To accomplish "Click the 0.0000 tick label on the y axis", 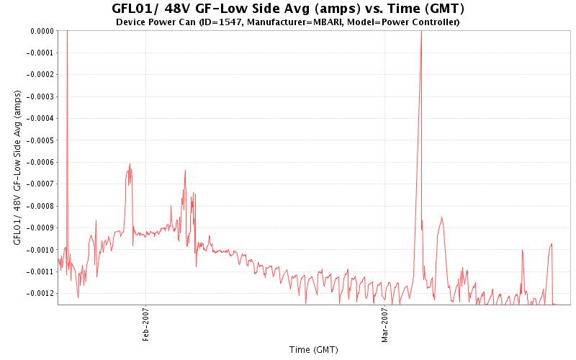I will pyautogui.click(x=40, y=31).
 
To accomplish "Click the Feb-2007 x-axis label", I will pyautogui.click(x=145, y=325).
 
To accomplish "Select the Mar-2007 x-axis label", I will pyautogui.click(x=384, y=325).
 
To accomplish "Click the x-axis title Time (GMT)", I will pyautogui.click(x=313, y=350).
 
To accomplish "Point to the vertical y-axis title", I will pyautogui.click(x=17, y=168).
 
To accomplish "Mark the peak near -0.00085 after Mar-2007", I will pyautogui.click(x=441, y=217).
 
